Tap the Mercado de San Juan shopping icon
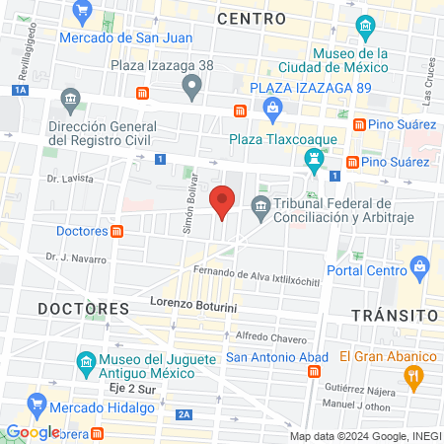pos(82,14)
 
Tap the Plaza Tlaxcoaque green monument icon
pos(314,158)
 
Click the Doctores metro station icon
pos(117,231)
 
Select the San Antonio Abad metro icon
pos(314,371)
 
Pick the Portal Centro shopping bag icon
pos(420,265)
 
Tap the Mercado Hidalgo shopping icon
pos(38,403)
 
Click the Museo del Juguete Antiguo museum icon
pos(84,360)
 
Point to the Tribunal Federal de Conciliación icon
pos(260,205)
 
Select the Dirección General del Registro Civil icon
pos(70,100)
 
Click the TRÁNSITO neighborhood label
pos(395,314)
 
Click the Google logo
pos(33,431)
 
